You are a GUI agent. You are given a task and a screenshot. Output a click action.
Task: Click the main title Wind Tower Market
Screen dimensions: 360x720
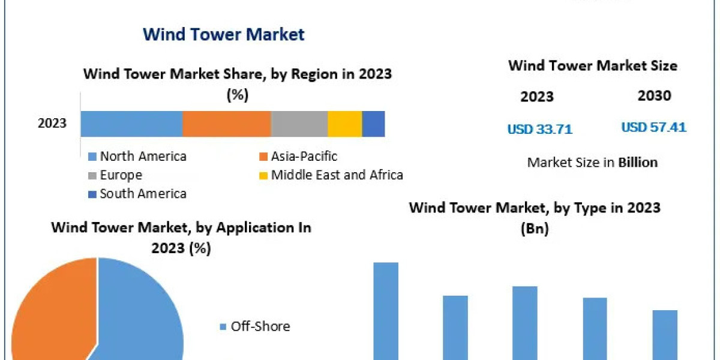point(223,34)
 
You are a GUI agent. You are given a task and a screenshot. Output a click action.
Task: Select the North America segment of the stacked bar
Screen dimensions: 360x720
point(131,124)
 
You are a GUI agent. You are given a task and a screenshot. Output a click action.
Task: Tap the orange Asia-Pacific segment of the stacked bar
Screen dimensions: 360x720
point(226,124)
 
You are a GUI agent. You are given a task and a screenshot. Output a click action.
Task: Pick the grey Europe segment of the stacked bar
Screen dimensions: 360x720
point(299,124)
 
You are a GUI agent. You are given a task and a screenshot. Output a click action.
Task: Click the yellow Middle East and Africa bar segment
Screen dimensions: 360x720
point(344,124)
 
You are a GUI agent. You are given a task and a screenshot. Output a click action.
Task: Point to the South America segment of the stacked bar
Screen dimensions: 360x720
point(373,124)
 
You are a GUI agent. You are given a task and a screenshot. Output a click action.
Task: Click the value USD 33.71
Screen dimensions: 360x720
point(539,129)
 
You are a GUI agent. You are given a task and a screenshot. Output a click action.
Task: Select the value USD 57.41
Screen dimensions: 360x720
point(653,127)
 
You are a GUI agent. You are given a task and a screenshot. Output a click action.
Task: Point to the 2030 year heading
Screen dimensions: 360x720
point(654,96)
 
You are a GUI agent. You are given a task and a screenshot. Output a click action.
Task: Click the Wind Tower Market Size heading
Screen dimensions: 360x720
point(592,66)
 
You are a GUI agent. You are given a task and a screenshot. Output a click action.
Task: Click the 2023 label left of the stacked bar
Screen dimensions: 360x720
point(52,124)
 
